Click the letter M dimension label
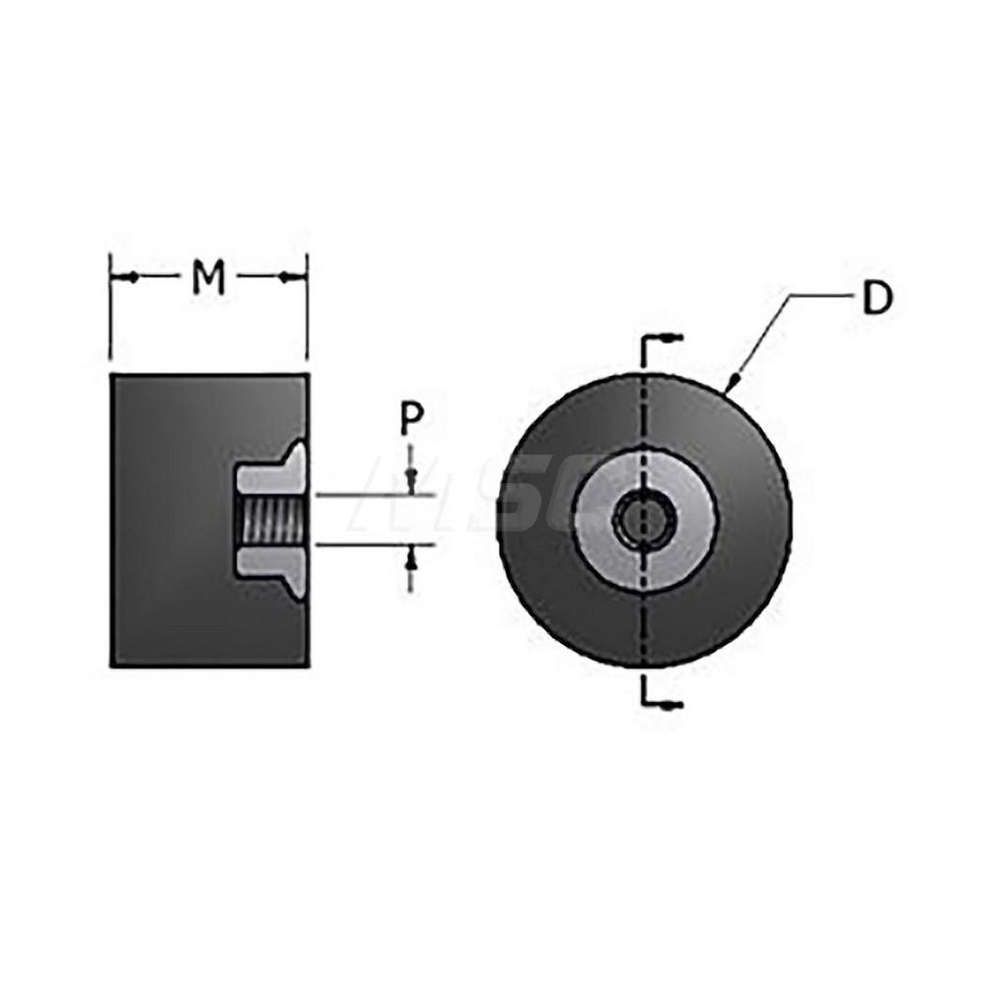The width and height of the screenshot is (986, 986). click(x=208, y=279)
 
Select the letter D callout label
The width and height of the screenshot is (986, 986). click(x=877, y=299)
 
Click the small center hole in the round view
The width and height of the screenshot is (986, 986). click(x=644, y=520)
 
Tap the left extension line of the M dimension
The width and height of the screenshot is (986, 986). click(x=109, y=316)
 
